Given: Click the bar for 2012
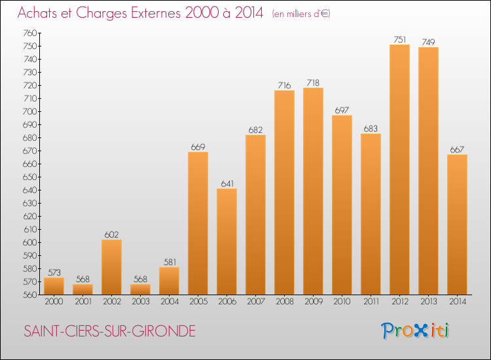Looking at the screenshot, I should pyautogui.click(x=399, y=170).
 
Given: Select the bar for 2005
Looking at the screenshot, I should pyautogui.click(x=198, y=223).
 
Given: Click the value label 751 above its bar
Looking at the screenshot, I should pyautogui.click(x=399, y=39).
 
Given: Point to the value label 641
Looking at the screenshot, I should pyautogui.click(x=227, y=183).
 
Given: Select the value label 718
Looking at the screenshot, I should pyautogui.click(x=313, y=82).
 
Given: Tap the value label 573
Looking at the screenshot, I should pyautogui.click(x=54, y=272).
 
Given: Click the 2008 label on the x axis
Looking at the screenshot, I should pyautogui.click(x=284, y=302).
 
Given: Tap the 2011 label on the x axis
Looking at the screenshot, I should pyautogui.click(x=371, y=302).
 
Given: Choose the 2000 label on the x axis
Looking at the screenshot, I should pyautogui.click(x=54, y=302).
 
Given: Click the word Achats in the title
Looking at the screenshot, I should pyautogui.click(x=37, y=13).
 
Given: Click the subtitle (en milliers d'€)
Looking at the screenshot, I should pyautogui.click(x=301, y=14).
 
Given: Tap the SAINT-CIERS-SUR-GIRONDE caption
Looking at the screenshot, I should pyautogui.click(x=109, y=331).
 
